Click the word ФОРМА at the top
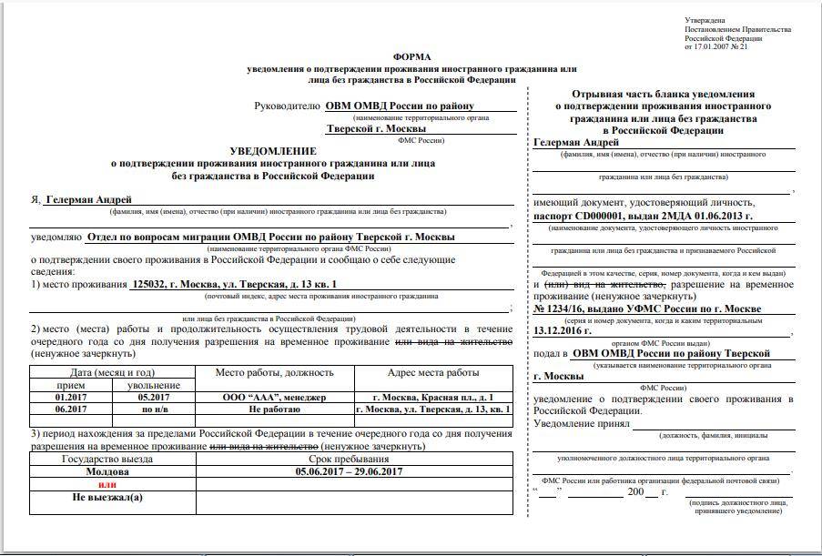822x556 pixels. click(x=412, y=57)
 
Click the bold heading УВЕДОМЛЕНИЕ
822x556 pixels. click(x=273, y=151)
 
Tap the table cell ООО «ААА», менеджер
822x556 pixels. click(x=274, y=398)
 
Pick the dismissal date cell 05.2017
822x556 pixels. click(x=154, y=398)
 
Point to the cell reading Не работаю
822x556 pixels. click(x=274, y=409)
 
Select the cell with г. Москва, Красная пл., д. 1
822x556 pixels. click(x=433, y=398)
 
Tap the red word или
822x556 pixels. click(x=107, y=485)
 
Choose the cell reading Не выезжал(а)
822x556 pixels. click(x=107, y=497)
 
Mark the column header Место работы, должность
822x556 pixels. click(x=274, y=372)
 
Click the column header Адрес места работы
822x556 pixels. click(x=433, y=372)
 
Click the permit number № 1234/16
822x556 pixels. click(x=564, y=309)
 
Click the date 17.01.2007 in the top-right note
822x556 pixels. click(x=715, y=46)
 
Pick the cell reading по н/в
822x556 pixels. click(x=154, y=409)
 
